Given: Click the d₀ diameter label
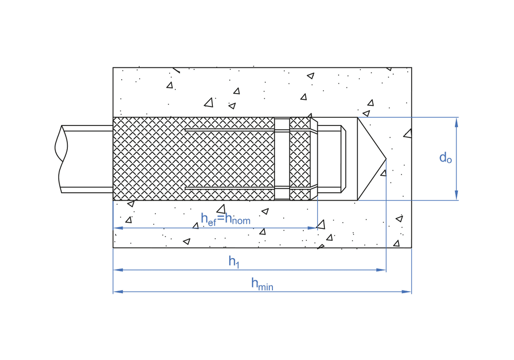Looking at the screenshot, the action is (446, 158).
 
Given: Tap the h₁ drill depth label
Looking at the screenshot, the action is (234, 262).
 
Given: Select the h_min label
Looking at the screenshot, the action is (262, 284).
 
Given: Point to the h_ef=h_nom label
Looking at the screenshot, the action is (226, 219).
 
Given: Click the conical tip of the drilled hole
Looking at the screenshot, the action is (386, 159).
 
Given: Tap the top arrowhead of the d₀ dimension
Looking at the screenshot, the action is (456, 122).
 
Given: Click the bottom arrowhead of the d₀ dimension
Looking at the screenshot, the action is (456, 195).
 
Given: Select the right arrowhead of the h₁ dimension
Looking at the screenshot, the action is (381, 270).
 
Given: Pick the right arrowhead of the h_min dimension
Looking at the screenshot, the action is (407, 292).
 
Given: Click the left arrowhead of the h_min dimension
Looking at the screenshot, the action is (118, 292).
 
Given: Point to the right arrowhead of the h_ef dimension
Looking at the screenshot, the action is (313, 228).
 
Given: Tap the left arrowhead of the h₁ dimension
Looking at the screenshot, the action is (118, 270).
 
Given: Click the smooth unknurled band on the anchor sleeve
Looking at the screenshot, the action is (282, 159).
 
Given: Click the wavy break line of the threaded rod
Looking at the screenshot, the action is (61, 159).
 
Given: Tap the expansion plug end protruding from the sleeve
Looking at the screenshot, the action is (332, 159).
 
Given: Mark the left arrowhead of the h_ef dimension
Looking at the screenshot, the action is (118, 228).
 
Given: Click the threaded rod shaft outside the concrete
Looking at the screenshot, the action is (87, 159).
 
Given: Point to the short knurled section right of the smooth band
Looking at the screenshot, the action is (300, 159).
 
